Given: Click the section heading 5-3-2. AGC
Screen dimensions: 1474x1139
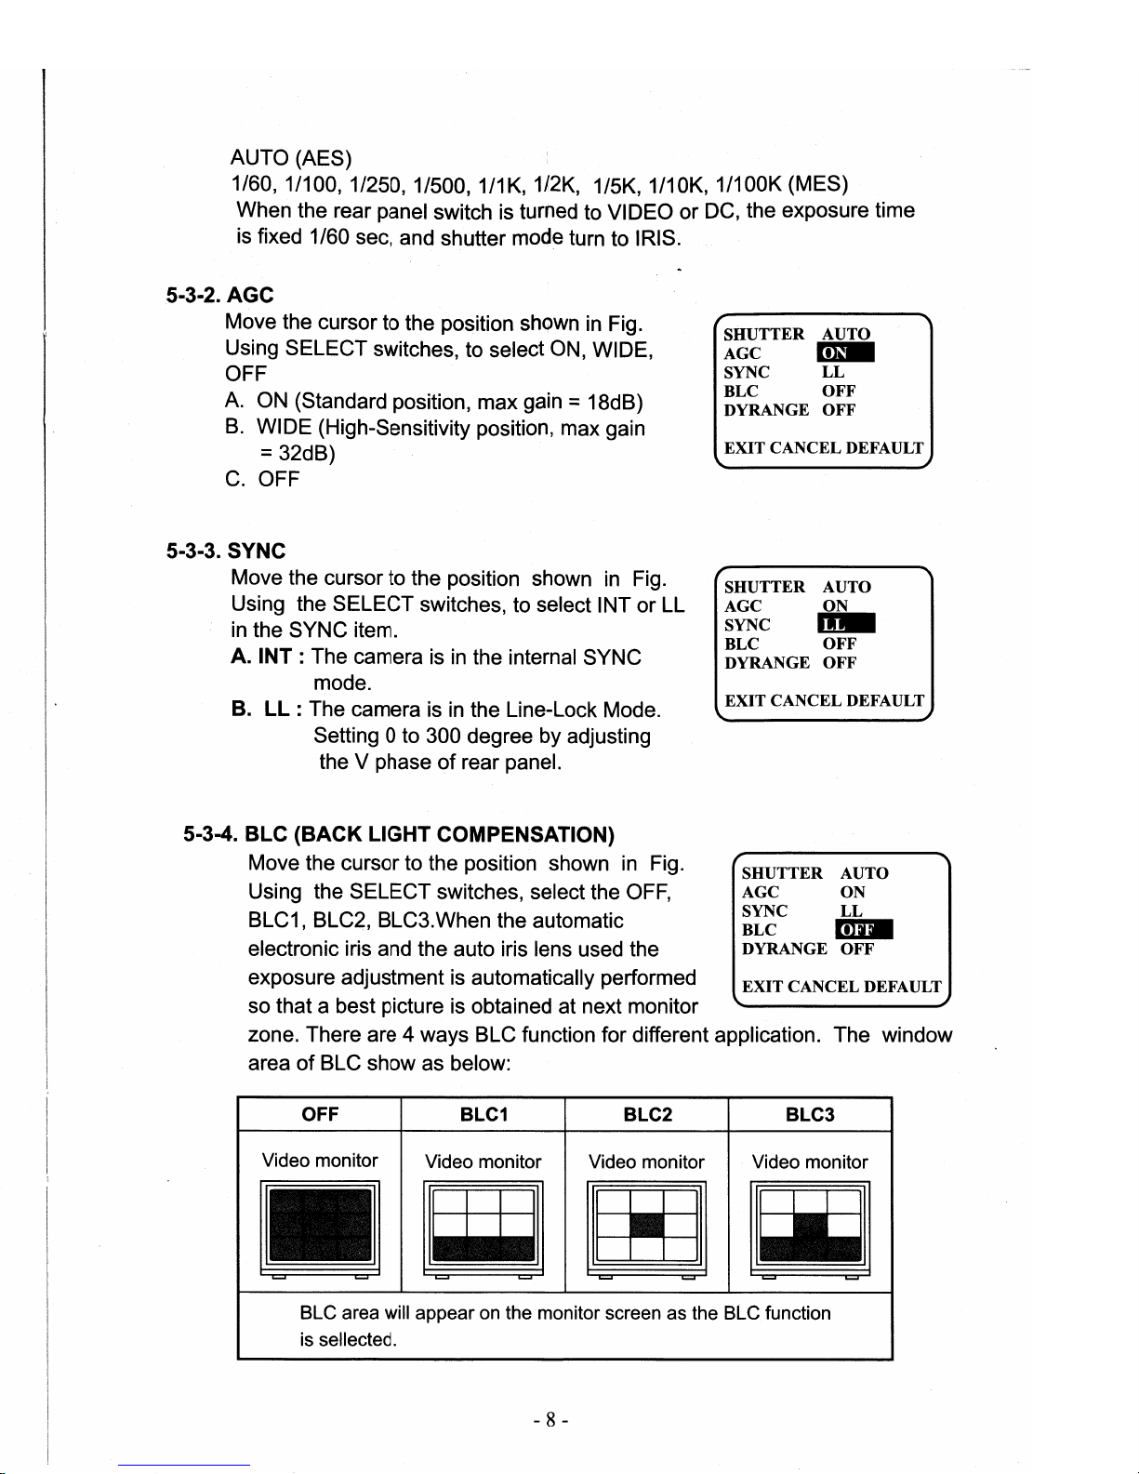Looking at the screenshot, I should [x=219, y=296].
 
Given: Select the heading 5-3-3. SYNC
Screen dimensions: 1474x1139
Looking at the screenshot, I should [x=225, y=551].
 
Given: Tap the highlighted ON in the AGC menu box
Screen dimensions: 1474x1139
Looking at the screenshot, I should [x=844, y=353].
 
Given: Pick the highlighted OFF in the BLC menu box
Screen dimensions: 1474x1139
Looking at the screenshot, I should [x=864, y=930].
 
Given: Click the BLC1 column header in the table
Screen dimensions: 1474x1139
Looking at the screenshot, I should [x=483, y=1114].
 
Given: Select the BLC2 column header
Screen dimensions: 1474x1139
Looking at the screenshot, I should [x=647, y=1114].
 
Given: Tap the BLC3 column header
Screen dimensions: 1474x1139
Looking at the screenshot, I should [x=810, y=1114].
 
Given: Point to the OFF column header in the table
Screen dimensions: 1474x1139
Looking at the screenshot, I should [x=320, y=1114].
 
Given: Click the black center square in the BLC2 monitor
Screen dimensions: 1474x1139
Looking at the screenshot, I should [x=647, y=1225].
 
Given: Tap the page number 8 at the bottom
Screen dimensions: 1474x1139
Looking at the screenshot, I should [x=550, y=1420].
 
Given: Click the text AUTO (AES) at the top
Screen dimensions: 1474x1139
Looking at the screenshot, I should [x=291, y=158].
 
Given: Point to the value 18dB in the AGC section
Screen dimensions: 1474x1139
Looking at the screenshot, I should [x=616, y=402].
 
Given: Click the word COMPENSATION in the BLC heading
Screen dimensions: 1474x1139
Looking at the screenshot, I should [x=525, y=834].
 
